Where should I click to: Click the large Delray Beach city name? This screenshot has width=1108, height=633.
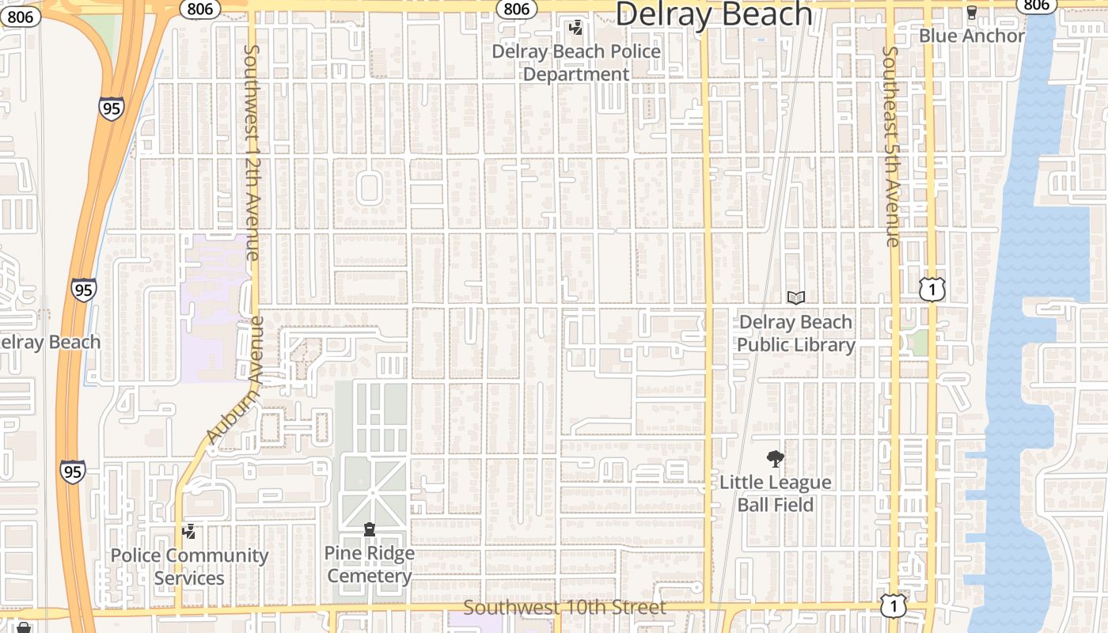[713, 14]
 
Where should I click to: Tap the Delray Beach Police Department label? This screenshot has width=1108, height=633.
[576, 63]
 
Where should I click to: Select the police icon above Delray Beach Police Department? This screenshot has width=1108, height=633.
[576, 28]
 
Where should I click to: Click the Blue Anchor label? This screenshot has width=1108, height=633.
[971, 36]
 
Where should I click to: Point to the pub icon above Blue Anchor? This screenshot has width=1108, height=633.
[972, 12]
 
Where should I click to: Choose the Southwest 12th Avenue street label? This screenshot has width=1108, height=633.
[251, 152]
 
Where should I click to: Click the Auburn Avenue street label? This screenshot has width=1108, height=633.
[235, 381]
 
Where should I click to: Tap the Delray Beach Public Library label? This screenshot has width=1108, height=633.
[795, 333]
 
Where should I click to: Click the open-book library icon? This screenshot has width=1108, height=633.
[795, 298]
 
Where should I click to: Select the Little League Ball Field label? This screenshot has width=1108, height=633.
[775, 493]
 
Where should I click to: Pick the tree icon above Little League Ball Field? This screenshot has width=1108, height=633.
[775, 458]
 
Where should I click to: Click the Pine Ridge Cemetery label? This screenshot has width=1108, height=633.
[369, 564]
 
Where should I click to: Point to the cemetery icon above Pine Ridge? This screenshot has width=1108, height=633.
[369, 529]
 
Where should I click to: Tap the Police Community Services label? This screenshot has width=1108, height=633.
[189, 567]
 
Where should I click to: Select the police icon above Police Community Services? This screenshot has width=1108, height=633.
[188, 532]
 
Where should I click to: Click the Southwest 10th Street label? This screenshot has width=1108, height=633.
[564, 608]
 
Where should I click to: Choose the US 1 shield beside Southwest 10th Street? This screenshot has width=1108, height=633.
[893, 605]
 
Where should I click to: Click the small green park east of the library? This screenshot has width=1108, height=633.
[917, 343]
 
